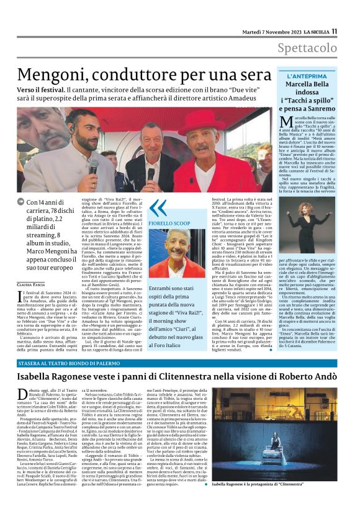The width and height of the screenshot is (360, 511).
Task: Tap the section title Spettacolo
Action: tap(308, 48)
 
